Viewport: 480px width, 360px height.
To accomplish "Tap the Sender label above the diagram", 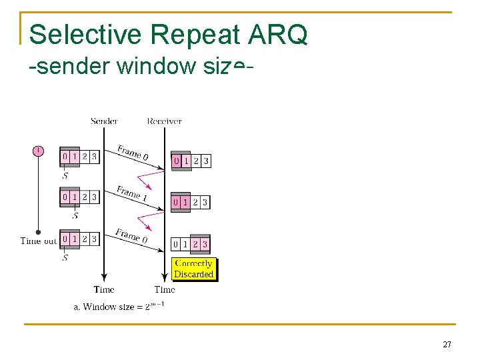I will coord(104,121).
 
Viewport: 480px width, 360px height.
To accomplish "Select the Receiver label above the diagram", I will coord(164,121).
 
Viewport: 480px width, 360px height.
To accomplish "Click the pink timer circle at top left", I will coord(38,151).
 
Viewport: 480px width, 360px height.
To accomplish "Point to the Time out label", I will coord(39,241).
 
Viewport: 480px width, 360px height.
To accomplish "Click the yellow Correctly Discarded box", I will coord(193,269).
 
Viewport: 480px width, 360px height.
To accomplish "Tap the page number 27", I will coord(447,345).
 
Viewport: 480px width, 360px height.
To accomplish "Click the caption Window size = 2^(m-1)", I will coord(120,307).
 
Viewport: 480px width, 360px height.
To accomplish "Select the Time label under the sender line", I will coord(104,289).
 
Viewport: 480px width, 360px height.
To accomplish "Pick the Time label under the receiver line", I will coord(165,289).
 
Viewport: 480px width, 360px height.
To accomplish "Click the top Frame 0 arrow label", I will coord(133,152).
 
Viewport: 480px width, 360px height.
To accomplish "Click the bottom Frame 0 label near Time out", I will coord(131,235).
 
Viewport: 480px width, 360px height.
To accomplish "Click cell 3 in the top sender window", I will coord(94,157).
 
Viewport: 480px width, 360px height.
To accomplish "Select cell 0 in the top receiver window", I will coord(177,161).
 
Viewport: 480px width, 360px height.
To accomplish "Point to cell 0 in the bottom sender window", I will coord(65,238).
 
